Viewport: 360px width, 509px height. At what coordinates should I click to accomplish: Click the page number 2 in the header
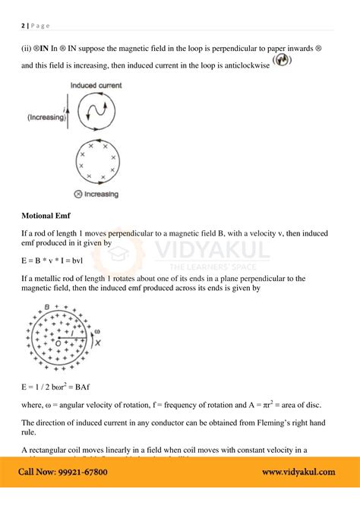pos(23,25)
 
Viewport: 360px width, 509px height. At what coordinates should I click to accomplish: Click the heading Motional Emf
pos(46,214)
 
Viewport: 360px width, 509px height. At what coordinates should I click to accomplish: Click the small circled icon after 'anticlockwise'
pos(282,64)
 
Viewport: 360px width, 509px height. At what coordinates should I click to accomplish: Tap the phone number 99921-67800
pos(79,472)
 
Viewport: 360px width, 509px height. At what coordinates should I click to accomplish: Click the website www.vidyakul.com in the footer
pos(298,472)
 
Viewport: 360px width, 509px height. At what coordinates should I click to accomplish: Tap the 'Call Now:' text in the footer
pos(34,472)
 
